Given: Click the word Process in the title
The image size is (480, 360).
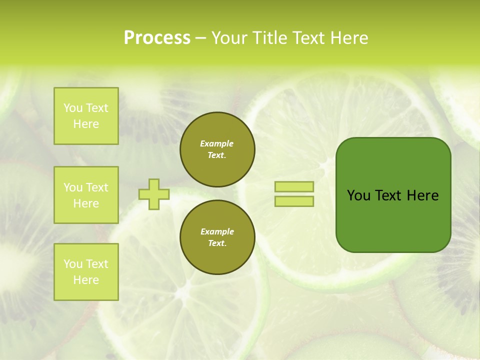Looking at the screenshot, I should coord(157,38).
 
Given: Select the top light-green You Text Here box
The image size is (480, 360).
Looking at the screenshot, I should coord(86,116).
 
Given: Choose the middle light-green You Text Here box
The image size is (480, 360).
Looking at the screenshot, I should coord(86,195).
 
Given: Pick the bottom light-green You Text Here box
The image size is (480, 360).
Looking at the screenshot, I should coord(86,272).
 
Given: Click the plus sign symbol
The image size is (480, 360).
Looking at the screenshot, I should coord(154,194).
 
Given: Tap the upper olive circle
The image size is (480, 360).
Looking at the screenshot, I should coord(217,149).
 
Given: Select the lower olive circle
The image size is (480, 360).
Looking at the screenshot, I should coord(217,237).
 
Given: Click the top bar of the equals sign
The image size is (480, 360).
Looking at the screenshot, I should coord(294,187).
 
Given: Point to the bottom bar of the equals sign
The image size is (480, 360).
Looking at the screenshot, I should coord(294,201).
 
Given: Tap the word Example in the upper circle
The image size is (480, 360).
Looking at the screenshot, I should coord(217,143).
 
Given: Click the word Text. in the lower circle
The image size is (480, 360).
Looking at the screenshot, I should coord(217,243).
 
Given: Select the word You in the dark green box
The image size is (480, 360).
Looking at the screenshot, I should coord(358,195).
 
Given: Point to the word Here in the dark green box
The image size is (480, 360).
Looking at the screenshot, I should coord(422,195).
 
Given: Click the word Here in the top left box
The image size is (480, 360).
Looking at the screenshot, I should coord(86,124).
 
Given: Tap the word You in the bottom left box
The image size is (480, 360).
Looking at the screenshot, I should coord(73,264).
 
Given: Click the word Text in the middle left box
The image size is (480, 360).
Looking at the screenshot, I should coord(97,187).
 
